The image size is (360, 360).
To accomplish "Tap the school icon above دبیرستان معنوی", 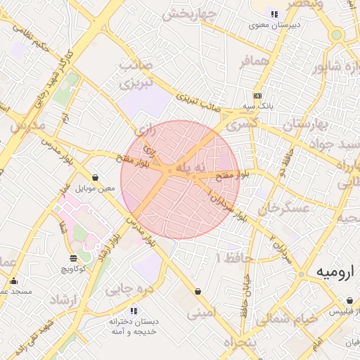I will point(274,13).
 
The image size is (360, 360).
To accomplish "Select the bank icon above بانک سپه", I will point(257,96).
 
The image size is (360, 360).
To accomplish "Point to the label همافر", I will point(255,62).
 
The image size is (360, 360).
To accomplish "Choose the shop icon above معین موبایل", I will point(96,178).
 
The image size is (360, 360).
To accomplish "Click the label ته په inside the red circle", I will point(191,167).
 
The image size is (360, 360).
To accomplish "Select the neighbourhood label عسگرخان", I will point(283,209).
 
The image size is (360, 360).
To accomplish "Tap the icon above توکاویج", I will point(74,259).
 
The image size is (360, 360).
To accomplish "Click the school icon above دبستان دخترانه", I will point(133,310).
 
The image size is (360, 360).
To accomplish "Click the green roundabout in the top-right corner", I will point(337,34).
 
